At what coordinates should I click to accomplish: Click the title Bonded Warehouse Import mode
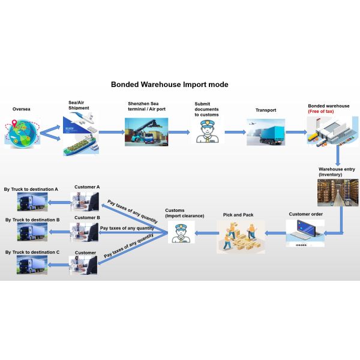click(x=169, y=85)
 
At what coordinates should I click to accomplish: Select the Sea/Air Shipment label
click(x=79, y=106)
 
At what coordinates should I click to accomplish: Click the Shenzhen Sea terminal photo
click(x=146, y=131)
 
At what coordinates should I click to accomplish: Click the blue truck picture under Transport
click(x=265, y=131)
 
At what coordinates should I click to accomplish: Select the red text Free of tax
click(x=322, y=112)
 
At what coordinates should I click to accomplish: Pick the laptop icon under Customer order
click(x=305, y=232)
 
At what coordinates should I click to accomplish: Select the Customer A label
click(x=87, y=187)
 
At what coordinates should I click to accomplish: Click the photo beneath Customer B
click(x=84, y=232)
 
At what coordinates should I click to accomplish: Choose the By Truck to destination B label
click(x=32, y=220)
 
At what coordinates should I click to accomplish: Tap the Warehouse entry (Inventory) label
click(x=337, y=172)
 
